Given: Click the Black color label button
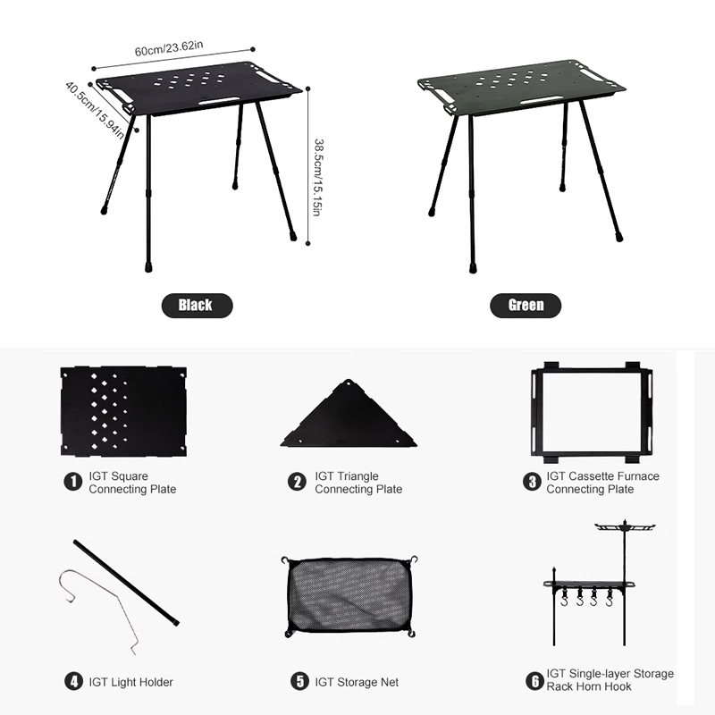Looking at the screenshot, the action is (197, 305).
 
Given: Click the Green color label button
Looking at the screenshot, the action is (526, 305).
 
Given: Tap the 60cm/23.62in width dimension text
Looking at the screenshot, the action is (169, 48).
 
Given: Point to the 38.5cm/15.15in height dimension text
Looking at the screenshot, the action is (318, 177).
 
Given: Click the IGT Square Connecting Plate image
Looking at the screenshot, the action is (123, 411).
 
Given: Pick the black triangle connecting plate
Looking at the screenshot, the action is (349, 415).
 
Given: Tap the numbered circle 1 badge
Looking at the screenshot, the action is (73, 482).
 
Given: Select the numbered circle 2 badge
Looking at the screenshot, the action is (297, 482).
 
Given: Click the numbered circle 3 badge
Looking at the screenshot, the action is (532, 482).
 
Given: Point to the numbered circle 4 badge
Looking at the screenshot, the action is (73, 682).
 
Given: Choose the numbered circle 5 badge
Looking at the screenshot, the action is (299, 682).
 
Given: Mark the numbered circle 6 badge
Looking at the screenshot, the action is (534, 681).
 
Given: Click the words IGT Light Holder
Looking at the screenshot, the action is (130, 682).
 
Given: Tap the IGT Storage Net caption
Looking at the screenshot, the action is (357, 682).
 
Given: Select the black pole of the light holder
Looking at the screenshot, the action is (126, 584).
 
